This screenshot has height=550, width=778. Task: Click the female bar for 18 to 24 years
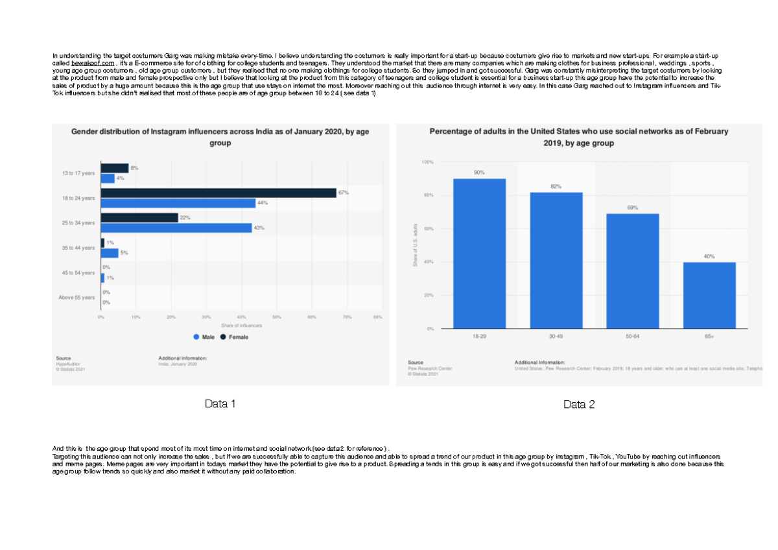click(218, 193)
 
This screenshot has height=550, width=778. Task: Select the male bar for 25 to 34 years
click(176, 228)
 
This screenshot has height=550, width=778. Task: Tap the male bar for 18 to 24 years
click(178, 203)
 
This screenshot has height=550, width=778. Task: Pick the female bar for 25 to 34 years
click(139, 218)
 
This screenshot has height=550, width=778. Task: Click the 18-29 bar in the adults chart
click(479, 253)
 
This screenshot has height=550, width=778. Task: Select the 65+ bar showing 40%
click(709, 295)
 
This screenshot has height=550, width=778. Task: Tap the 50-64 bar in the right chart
click(632, 270)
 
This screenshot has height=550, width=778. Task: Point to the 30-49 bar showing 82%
click(556, 260)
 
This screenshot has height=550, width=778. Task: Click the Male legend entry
click(204, 337)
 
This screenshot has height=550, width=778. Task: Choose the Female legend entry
click(234, 337)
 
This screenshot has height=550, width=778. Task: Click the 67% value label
click(344, 193)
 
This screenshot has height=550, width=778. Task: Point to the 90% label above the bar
click(479, 173)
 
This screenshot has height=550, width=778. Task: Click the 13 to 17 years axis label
click(78, 173)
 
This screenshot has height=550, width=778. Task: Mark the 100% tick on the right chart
click(427, 161)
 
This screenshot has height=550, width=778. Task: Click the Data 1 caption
click(220, 404)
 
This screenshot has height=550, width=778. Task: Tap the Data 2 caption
click(579, 405)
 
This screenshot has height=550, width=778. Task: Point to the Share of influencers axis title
click(241, 325)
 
